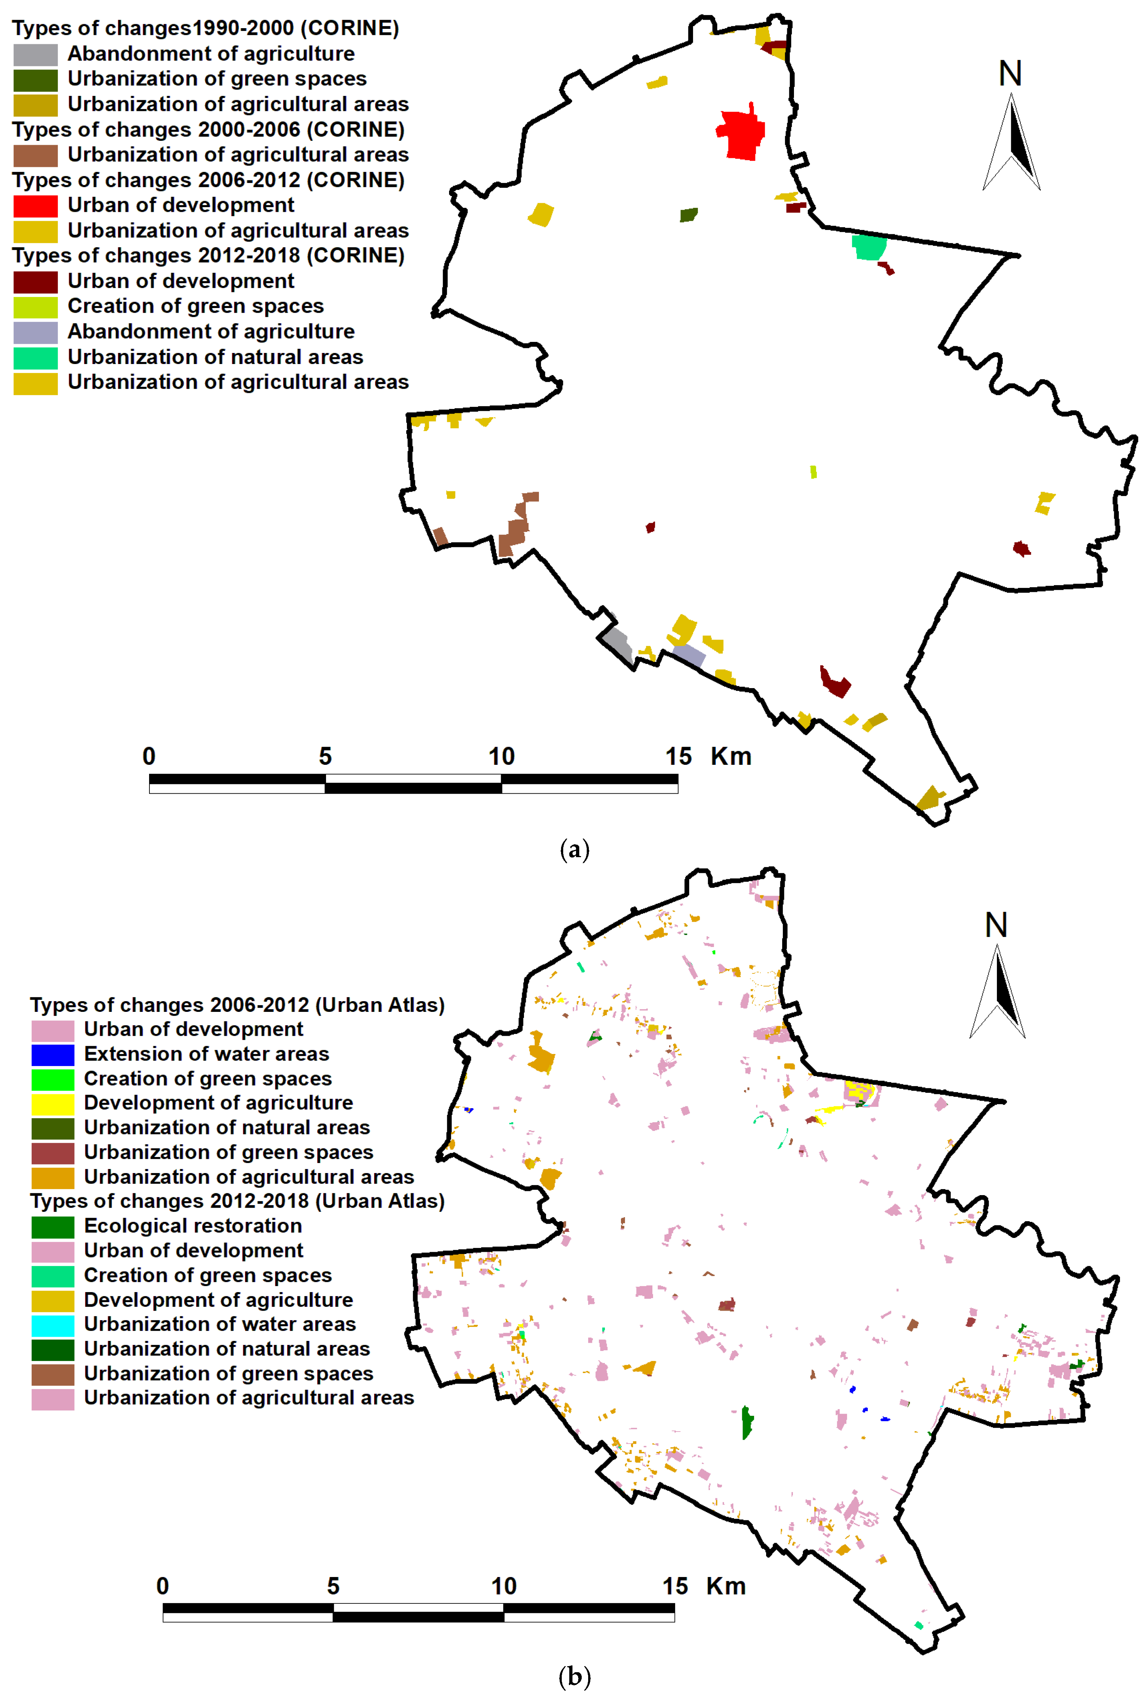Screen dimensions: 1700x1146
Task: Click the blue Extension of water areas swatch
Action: pos(53,1054)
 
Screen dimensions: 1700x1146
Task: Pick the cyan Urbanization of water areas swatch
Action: pos(53,1325)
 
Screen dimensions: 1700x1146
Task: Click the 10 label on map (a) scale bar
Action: pos(501,756)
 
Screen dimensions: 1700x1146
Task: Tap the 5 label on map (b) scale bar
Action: pos(333,1586)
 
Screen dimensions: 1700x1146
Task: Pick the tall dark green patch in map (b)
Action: pos(746,1421)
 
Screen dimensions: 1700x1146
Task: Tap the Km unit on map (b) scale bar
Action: pos(726,1586)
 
